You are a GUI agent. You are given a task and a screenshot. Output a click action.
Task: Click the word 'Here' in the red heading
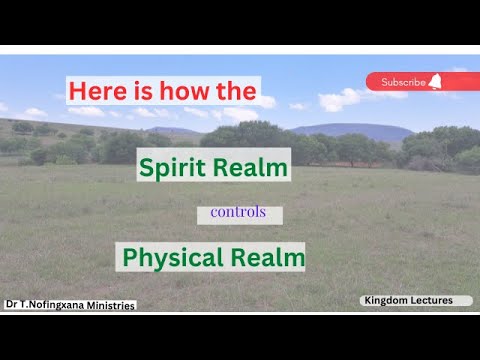pos(94,92)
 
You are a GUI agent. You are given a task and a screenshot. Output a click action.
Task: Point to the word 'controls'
pos(238,214)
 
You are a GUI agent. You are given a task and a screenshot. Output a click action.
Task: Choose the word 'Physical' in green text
pos(171,257)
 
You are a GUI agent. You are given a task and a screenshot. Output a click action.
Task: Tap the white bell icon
pos(435,82)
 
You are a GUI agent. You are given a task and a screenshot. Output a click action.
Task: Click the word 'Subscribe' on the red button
pos(403,82)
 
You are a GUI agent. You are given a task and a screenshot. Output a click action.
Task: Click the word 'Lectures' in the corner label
pos(433,300)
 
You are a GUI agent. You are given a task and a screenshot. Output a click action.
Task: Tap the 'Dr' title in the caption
pos(11,306)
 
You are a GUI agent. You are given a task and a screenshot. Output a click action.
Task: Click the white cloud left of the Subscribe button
pos(338,97)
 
